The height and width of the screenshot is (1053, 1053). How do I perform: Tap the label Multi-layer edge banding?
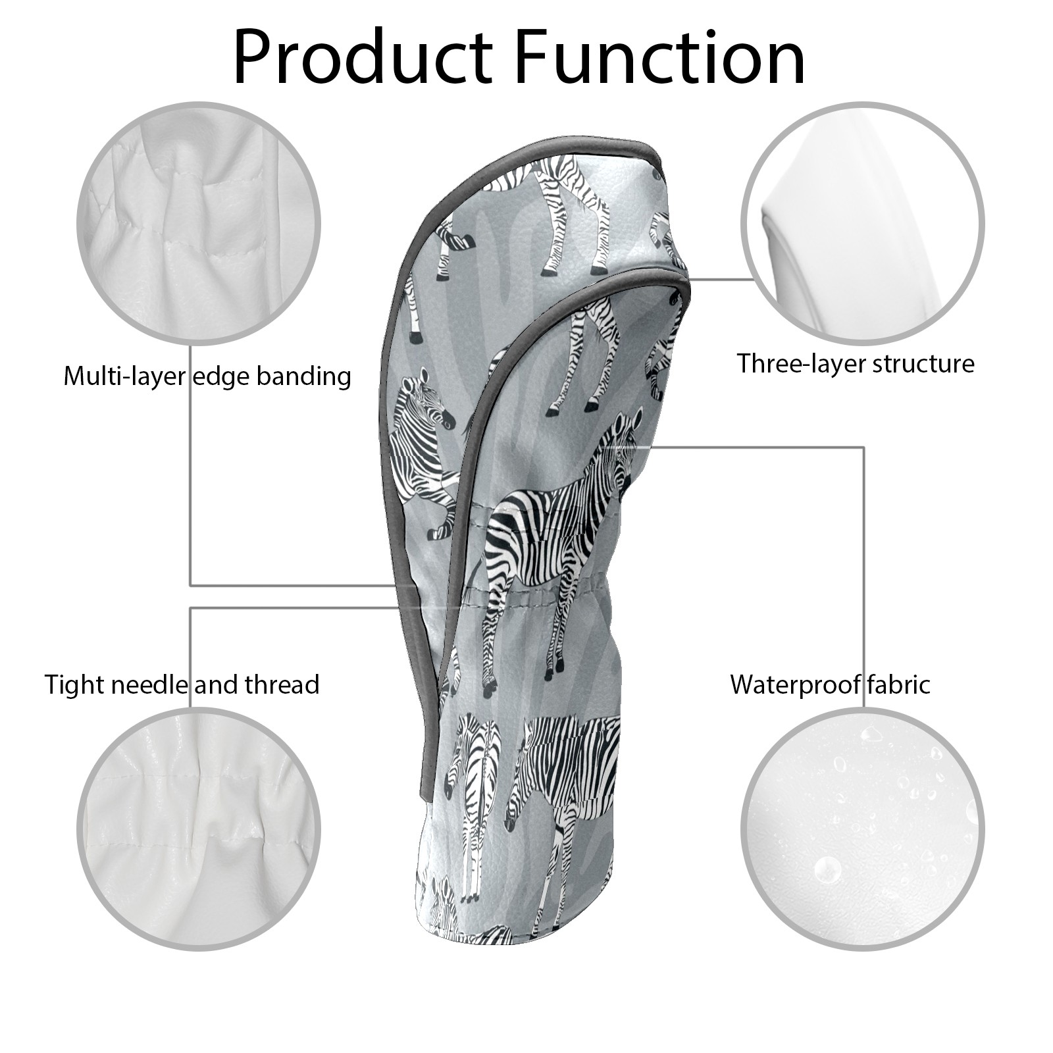coord(207,376)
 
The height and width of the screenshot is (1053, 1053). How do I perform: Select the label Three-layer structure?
coord(856,363)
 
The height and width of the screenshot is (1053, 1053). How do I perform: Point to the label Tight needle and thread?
coord(182,684)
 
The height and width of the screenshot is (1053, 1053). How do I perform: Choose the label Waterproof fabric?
coord(831,684)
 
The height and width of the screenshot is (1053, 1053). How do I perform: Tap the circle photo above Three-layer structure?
coord(863,223)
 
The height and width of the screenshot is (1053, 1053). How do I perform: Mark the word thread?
coord(282,684)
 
